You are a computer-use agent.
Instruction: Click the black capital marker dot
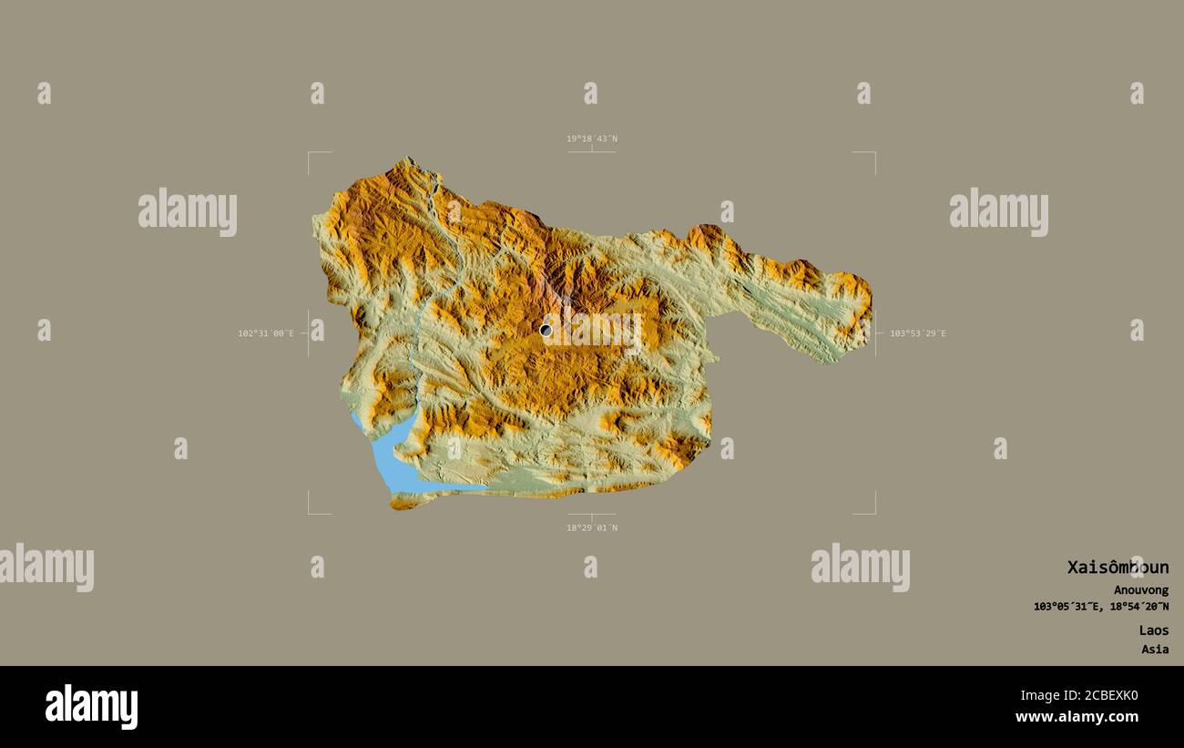point(546,330)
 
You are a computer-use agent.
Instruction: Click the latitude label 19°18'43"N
point(591,138)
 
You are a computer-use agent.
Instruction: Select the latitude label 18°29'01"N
point(591,528)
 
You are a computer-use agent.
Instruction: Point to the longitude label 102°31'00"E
point(266,333)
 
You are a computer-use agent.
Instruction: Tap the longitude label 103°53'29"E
point(917,333)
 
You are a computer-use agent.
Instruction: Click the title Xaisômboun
point(1118,568)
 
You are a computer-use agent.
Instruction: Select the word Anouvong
point(1140,590)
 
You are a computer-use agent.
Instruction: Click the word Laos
point(1153,630)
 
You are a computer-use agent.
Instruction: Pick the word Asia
point(1155,650)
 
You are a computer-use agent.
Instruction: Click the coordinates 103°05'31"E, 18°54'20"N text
point(1101,607)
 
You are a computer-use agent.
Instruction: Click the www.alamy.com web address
point(1077,717)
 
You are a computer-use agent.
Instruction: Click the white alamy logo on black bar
point(91,707)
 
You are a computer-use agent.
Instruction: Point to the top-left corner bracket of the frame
point(310,154)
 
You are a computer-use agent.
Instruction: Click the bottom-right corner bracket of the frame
point(873,512)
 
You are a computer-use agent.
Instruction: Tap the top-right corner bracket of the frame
point(873,154)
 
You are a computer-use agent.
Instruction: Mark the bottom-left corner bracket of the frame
point(310,512)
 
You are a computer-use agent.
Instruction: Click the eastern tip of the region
point(871,301)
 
